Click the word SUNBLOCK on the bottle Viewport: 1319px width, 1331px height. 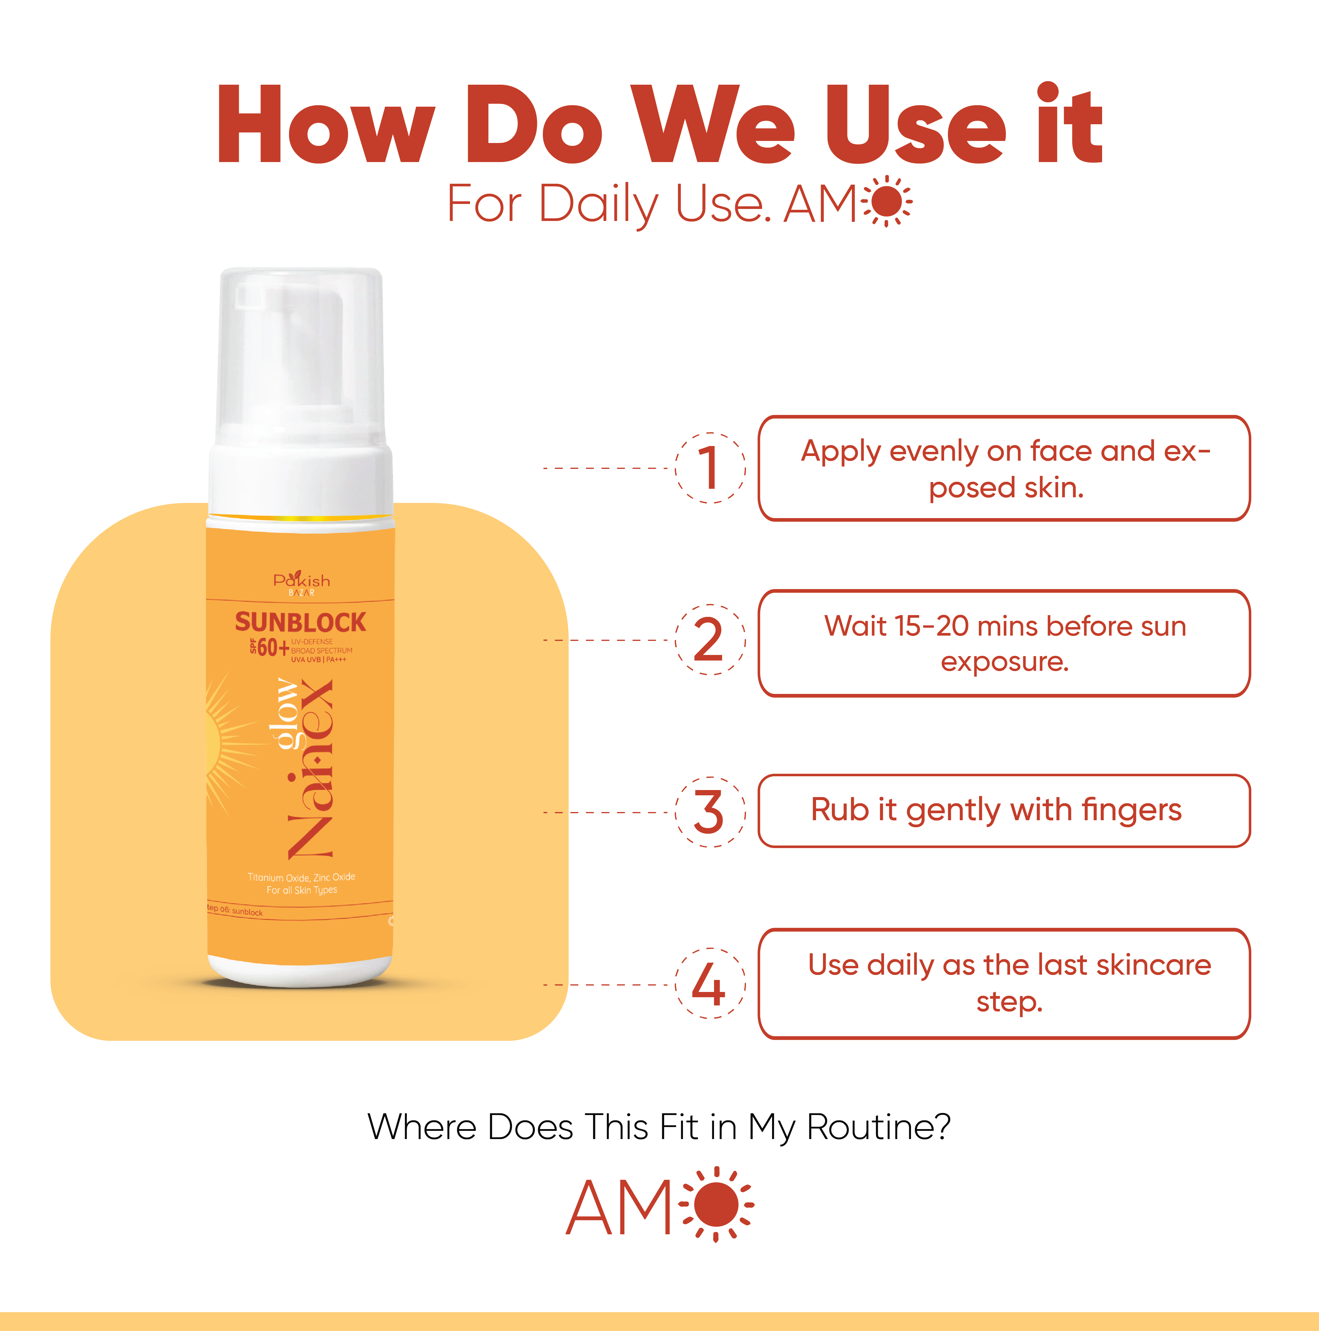(x=300, y=622)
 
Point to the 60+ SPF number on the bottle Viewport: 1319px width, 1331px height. (x=273, y=648)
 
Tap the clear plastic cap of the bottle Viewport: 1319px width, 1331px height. (x=301, y=358)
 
